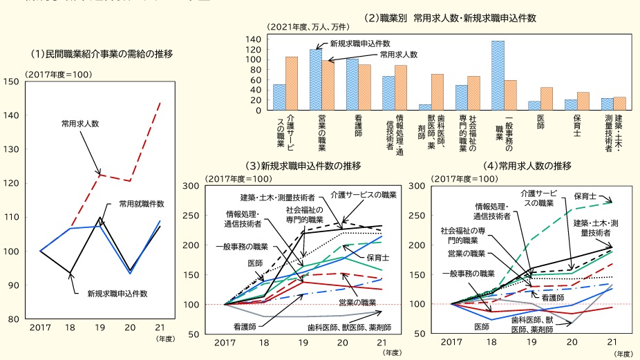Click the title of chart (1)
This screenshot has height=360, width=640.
click(x=102, y=53)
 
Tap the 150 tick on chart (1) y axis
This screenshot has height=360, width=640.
click(x=11, y=82)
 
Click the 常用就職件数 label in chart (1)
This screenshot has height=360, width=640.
click(x=141, y=204)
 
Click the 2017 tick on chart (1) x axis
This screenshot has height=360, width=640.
click(x=40, y=328)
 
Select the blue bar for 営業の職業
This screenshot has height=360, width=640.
click(x=316, y=79)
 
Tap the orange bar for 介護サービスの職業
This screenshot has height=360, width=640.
click(x=292, y=83)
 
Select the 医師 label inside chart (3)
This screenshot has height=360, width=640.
click(x=256, y=263)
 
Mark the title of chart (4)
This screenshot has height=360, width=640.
click(x=527, y=166)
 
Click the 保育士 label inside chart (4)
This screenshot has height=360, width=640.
click(x=585, y=196)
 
